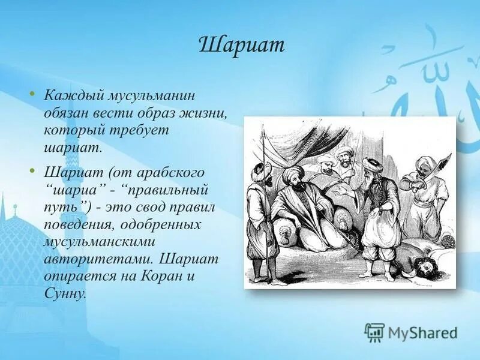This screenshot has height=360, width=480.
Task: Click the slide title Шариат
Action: click(x=241, y=46)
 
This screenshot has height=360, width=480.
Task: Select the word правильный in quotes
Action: click(x=166, y=191)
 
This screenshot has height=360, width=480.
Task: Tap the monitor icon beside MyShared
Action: click(x=374, y=332)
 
